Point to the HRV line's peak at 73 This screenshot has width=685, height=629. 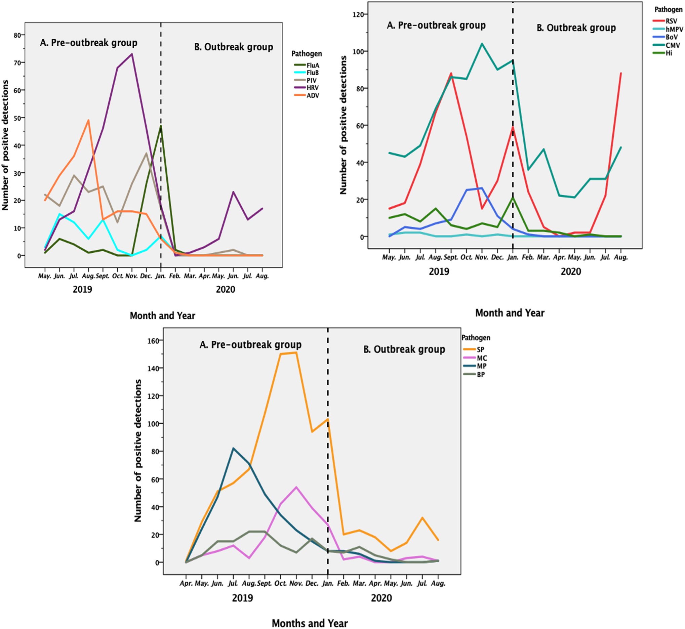point(132,54)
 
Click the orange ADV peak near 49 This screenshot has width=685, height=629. point(88,120)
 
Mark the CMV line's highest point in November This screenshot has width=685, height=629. point(482,44)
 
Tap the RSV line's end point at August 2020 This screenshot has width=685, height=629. point(621,73)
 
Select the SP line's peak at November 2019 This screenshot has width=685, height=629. point(296,352)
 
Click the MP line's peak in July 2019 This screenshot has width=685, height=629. point(233,448)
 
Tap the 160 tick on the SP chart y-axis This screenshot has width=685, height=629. point(155,341)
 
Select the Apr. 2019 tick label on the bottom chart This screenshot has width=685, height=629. point(186,583)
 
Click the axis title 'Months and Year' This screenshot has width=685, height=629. point(310,623)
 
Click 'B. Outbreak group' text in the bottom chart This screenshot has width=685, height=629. point(404,349)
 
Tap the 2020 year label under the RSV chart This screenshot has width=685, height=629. point(571,271)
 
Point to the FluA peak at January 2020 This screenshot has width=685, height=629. point(161,126)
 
